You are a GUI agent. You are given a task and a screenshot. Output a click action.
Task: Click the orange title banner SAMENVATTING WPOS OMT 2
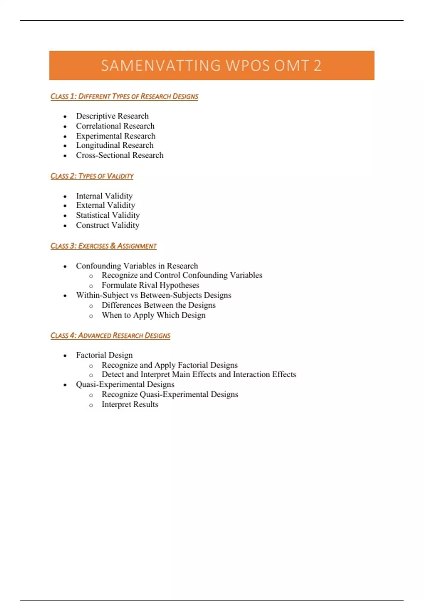pyautogui.click(x=211, y=65)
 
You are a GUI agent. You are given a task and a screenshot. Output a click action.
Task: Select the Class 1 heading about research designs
pyautogui.click(x=124, y=96)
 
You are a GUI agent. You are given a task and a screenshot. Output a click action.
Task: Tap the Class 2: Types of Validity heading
pyautogui.click(x=92, y=176)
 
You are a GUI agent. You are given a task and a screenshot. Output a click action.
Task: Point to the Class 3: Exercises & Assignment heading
pyautogui.click(x=103, y=246)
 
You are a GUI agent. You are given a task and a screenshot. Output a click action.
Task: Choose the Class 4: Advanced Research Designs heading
pyautogui.click(x=110, y=335)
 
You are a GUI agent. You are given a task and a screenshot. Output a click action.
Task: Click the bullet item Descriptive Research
pyautogui.click(x=112, y=116)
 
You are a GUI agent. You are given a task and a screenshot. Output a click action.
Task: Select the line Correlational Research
pyautogui.click(x=115, y=126)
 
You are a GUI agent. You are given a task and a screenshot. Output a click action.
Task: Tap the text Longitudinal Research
pyautogui.click(x=115, y=145)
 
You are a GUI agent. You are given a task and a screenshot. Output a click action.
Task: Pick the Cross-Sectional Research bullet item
pyautogui.click(x=120, y=155)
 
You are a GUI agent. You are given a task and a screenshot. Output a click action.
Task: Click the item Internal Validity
pyautogui.click(x=104, y=196)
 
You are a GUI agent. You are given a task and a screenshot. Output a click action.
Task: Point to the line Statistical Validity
pyautogui.click(x=108, y=215)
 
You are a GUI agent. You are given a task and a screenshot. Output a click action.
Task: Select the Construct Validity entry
pyautogui.click(x=107, y=225)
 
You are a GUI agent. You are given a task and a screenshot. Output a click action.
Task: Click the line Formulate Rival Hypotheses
pyautogui.click(x=150, y=285)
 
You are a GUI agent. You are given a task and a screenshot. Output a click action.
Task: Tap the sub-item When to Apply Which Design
pyautogui.click(x=153, y=315)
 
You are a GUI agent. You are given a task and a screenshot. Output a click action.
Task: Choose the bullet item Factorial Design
pyautogui.click(x=104, y=355)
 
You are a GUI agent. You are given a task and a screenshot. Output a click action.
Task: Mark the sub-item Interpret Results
pyautogui.click(x=130, y=404)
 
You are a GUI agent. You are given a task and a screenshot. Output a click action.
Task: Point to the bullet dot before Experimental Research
pyautogui.click(x=65, y=136)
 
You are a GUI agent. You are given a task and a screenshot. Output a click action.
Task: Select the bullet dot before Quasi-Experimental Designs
pyautogui.click(x=65, y=385)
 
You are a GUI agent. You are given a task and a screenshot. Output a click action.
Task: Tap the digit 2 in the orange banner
pyautogui.click(x=317, y=66)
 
